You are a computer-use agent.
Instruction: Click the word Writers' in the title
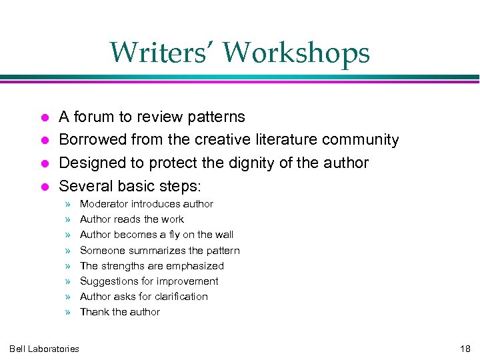(159, 52)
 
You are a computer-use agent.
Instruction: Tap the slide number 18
(465, 348)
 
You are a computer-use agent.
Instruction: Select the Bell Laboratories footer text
(44, 348)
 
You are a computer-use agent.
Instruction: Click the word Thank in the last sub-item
(94, 312)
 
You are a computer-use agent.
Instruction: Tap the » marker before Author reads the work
(68, 219)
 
